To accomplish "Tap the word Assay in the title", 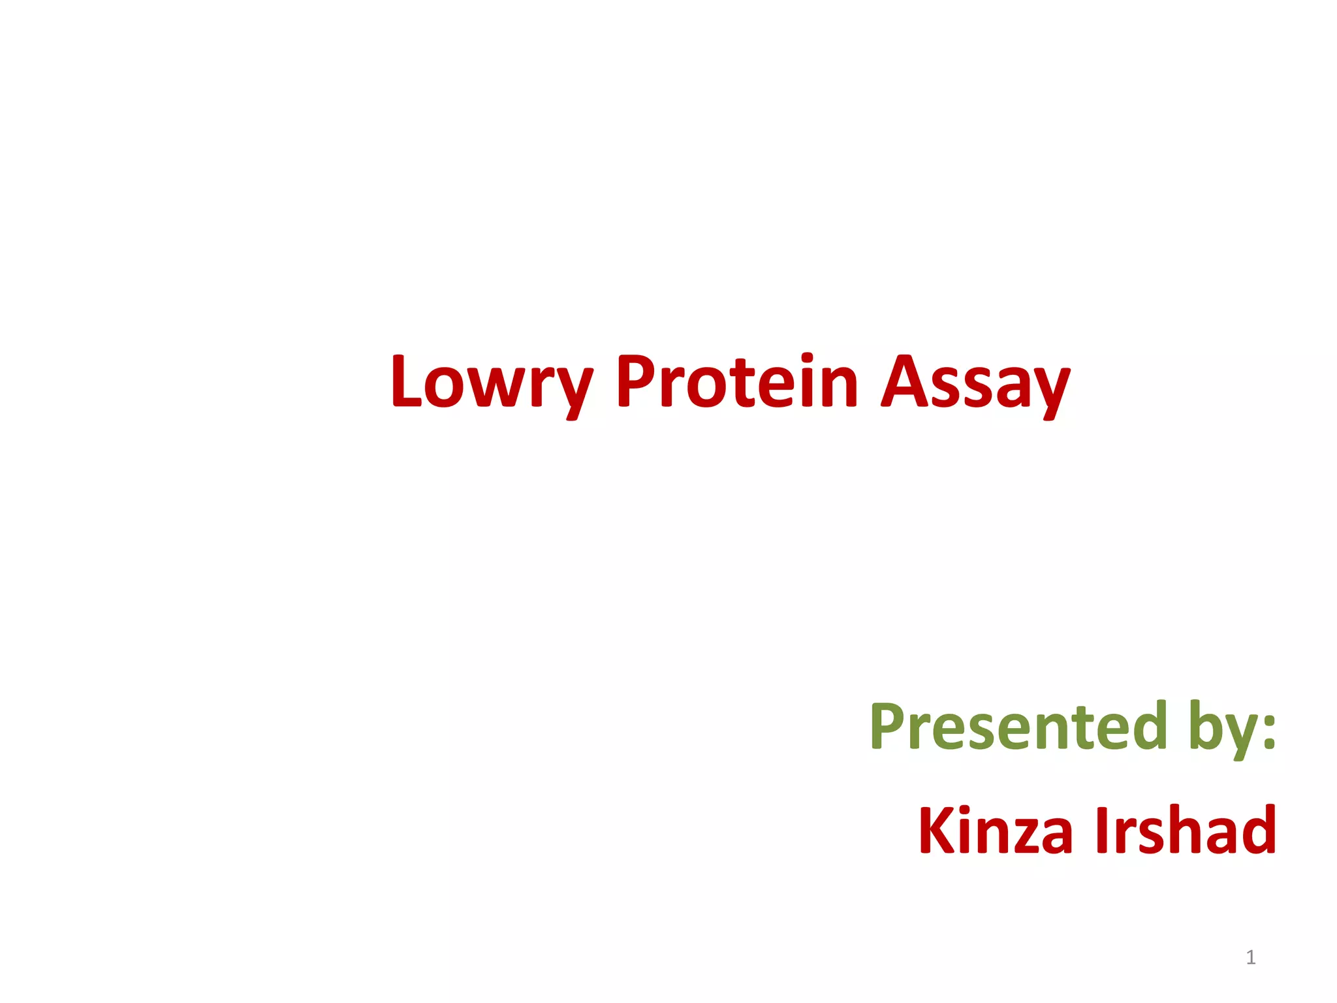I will click(x=975, y=384).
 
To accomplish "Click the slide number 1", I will click(x=1250, y=957).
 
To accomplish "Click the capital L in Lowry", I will click(x=406, y=381).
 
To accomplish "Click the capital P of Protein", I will click(x=635, y=381).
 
